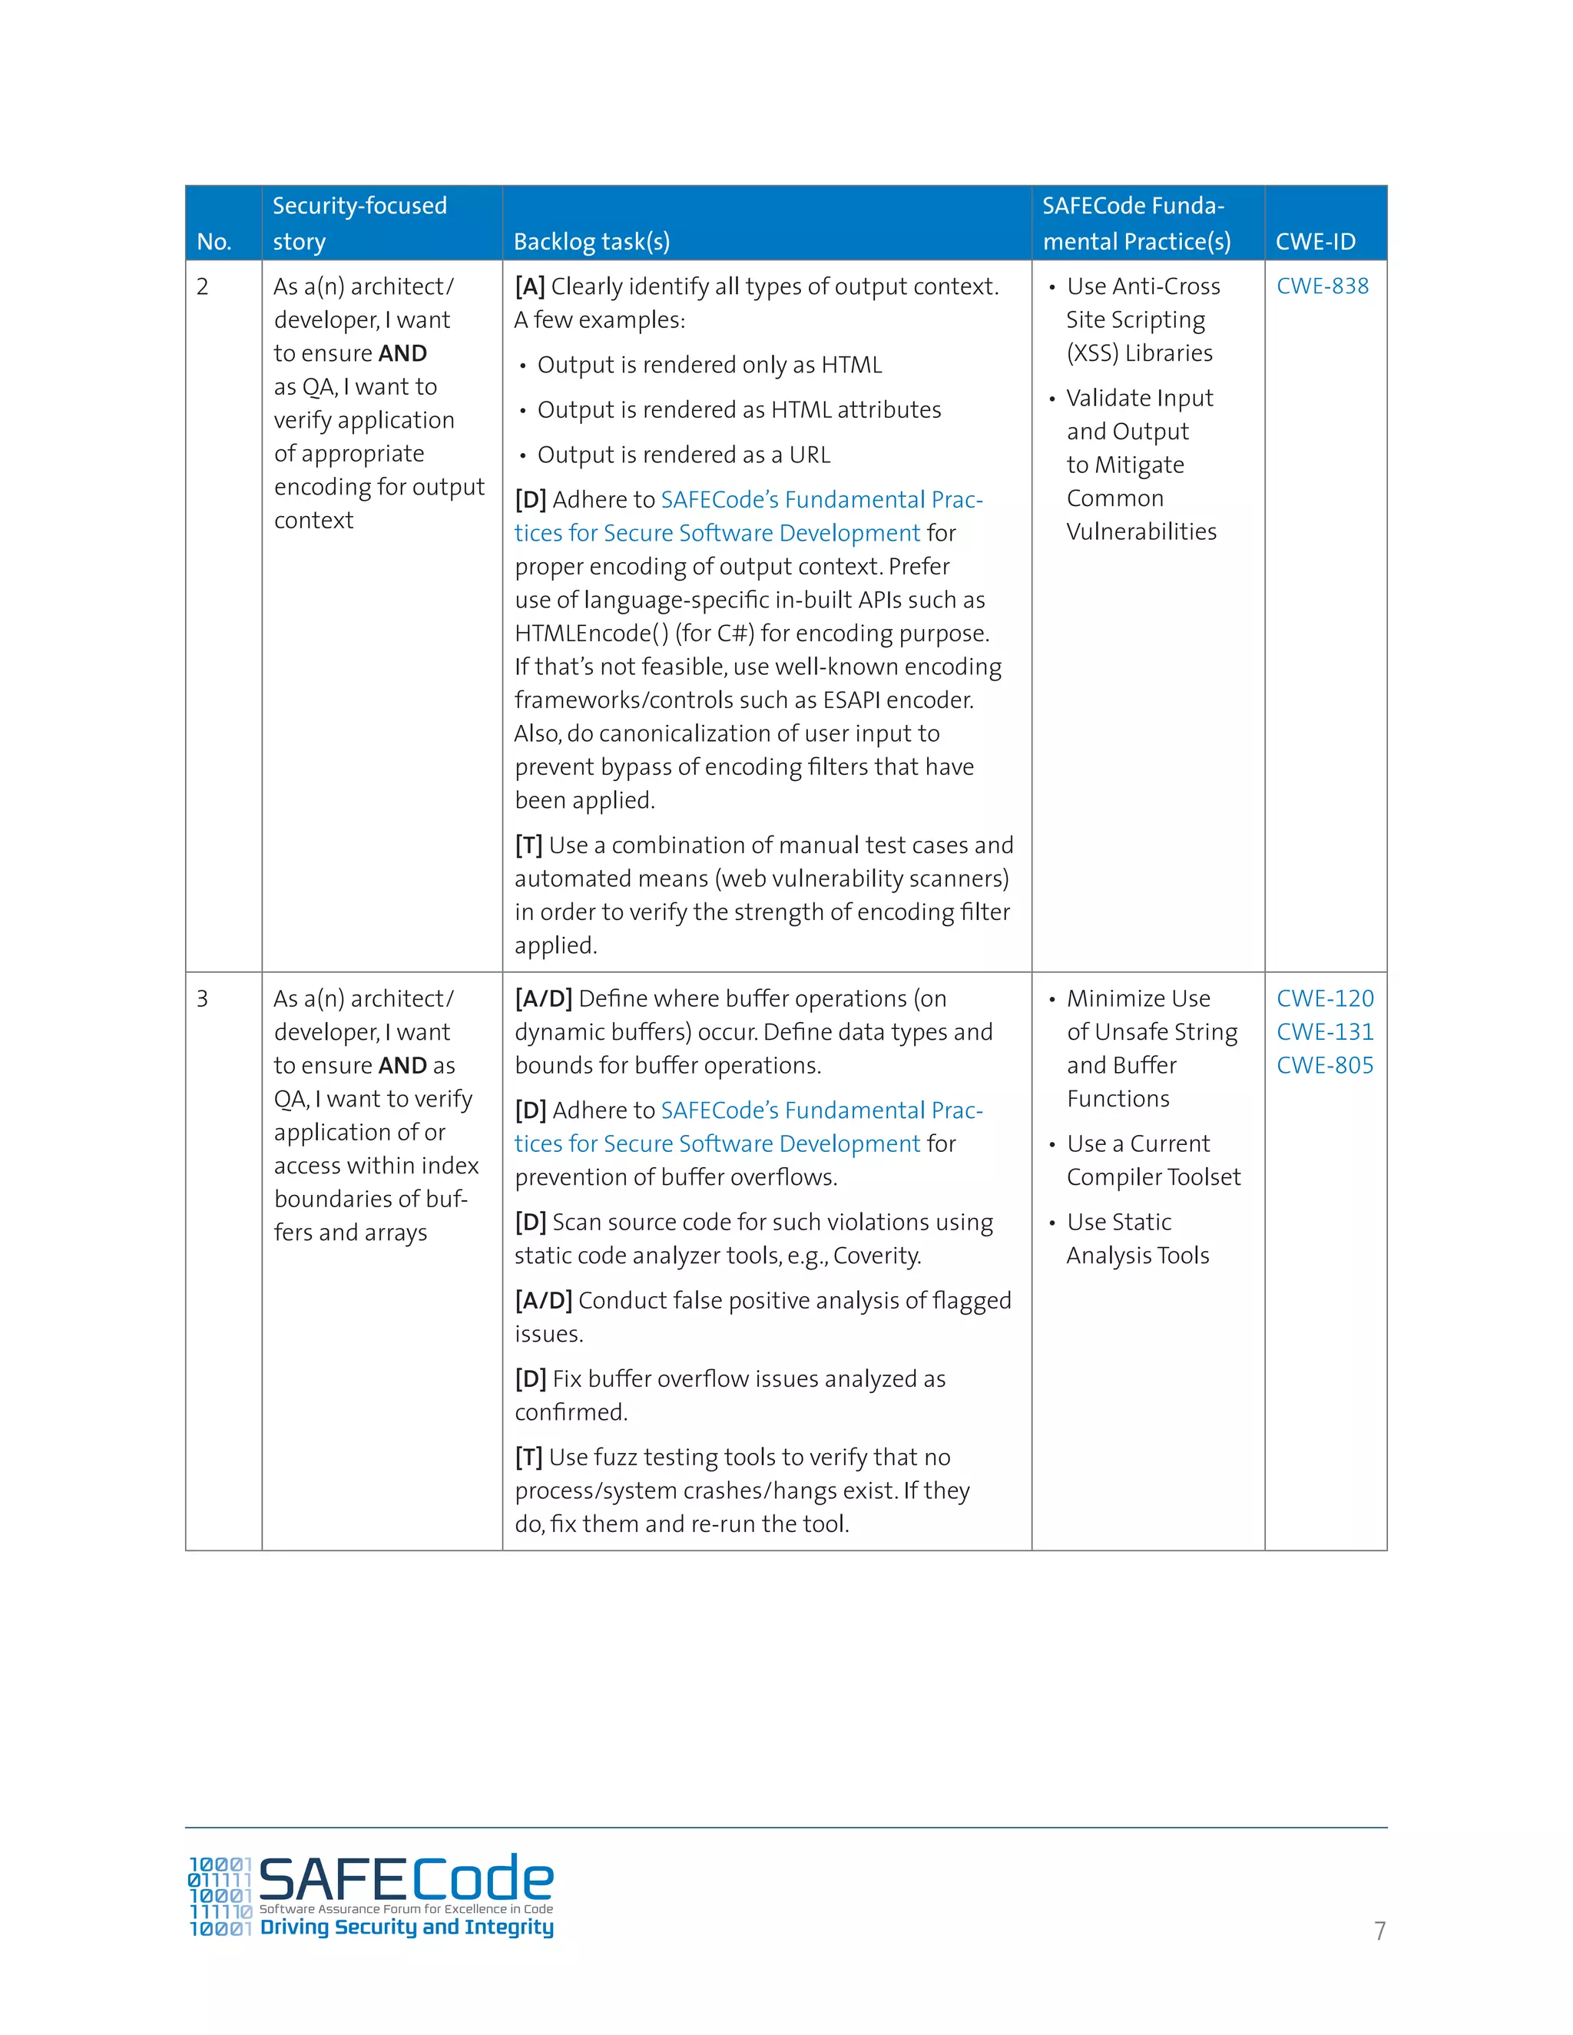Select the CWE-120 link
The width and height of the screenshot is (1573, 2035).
(1324, 998)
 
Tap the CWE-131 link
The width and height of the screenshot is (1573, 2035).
(1324, 1031)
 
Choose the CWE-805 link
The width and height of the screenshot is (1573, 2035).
(1324, 1065)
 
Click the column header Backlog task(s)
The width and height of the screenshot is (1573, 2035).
(591, 241)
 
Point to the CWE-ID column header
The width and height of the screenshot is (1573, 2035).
(1315, 241)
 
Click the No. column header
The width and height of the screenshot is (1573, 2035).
(214, 241)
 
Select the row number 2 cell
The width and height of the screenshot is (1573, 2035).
(202, 286)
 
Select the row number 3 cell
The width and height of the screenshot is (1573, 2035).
(202, 998)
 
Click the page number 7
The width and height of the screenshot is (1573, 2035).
(1379, 1931)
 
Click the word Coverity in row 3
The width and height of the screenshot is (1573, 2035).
(875, 1256)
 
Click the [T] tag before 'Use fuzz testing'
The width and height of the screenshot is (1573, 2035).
(528, 1458)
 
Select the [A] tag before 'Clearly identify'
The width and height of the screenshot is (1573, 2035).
(529, 286)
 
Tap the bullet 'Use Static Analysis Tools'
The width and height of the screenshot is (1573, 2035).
(1137, 1239)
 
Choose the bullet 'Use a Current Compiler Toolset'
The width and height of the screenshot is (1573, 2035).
(1153, 1160)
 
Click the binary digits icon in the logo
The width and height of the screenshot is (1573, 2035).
(220, 1896)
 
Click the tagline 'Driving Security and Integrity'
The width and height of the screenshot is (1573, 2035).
(406, 1927)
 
